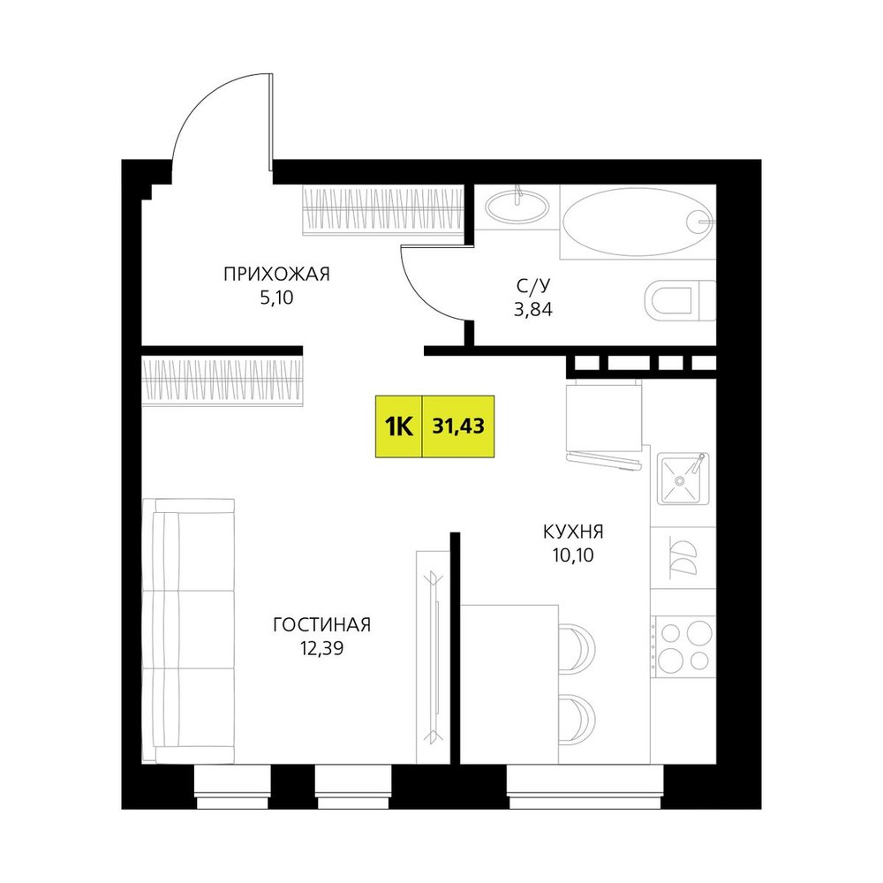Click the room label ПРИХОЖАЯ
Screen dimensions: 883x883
(x=276, y=275)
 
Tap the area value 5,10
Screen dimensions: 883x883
(x=276, y=298)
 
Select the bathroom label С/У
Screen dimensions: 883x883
(x=532, y=286)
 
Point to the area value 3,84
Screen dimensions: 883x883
(x=532, y=310)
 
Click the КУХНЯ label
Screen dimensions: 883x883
(x=573, y=531)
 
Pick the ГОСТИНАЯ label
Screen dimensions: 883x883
(x=321, y=624)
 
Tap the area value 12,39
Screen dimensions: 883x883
(x=321, y=649)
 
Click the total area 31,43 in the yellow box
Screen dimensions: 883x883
(x=458, y=426)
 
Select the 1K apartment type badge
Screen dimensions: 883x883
(x=399, y=426)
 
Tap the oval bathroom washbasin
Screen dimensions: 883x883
(x=517, y=208)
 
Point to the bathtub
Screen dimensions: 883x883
(x=638, y=222)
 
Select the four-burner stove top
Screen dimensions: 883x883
(x=683, y=646)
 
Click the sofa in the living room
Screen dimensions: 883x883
(x=188, y=630)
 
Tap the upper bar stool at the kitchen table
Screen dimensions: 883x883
(x=577, y=649)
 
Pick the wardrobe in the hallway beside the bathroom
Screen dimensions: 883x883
(x=383, y=209)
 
